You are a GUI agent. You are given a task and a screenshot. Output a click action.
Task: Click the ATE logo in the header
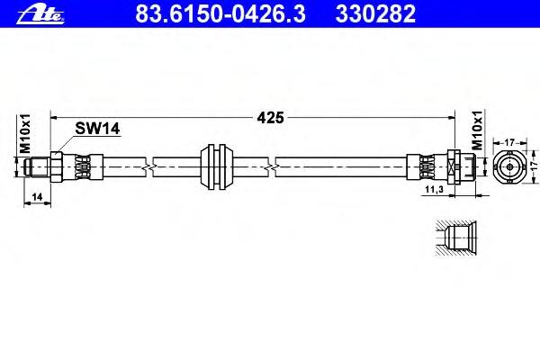[40, 14]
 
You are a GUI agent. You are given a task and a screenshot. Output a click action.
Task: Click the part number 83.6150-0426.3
[220, 14]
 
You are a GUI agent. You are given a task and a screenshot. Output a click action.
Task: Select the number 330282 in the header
[375, 14]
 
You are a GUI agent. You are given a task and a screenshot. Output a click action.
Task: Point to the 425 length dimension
[270, 118]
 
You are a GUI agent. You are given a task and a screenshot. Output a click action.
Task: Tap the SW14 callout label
[98, 129]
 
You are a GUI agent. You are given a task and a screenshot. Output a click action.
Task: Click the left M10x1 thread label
[25, 134]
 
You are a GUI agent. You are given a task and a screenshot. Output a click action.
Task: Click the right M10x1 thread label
[477, 130]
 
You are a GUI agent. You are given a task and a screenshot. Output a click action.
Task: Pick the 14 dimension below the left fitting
[37, 197]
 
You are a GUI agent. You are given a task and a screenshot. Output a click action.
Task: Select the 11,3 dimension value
[434, 189]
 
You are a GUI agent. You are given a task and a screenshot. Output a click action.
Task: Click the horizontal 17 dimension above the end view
[509, 142]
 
